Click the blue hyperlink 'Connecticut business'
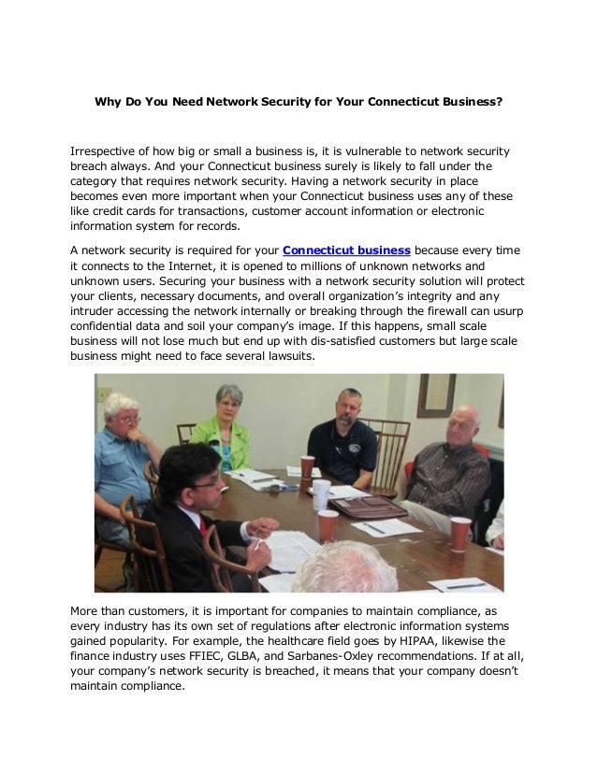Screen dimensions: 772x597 point(346,250)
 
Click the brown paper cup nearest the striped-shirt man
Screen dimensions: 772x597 point(460,534)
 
